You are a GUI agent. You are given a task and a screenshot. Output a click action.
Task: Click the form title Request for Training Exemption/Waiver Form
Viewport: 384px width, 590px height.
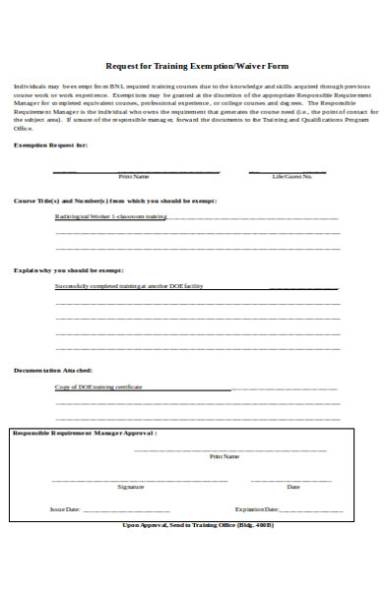(197, 66)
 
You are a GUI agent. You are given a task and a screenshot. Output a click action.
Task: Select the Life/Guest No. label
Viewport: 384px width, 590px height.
(292, 177)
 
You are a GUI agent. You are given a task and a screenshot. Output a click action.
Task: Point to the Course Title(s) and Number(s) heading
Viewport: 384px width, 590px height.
(115, 200)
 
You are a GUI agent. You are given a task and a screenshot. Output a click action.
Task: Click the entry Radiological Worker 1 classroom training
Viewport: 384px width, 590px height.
(110, 216)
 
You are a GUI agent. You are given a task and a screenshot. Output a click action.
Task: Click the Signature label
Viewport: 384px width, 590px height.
(131, 487)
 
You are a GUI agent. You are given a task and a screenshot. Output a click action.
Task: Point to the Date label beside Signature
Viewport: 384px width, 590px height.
(293, 487)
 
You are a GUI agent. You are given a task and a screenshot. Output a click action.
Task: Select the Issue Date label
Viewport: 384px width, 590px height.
(65, 509)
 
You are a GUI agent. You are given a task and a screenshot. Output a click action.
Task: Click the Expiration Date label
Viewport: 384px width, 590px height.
(257, 509)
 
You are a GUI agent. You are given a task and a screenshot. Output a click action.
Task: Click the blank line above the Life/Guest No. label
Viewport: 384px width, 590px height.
(292, 170)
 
